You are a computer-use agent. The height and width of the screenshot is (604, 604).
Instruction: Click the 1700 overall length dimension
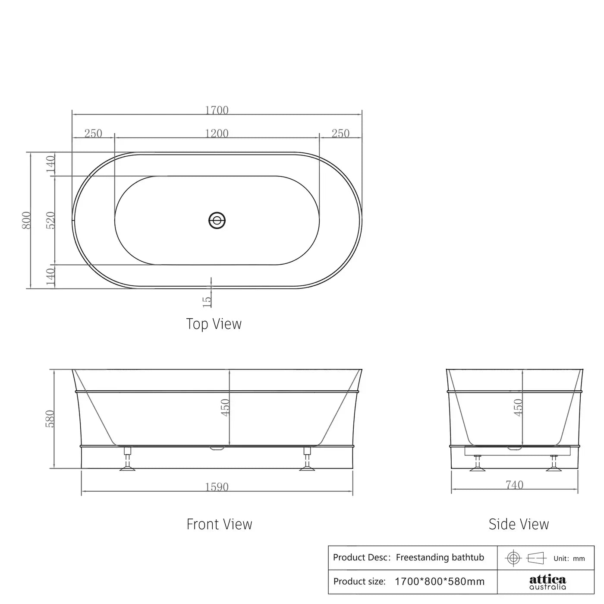pos(217,110)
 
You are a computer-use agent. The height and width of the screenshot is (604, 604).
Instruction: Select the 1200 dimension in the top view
pos(217,133)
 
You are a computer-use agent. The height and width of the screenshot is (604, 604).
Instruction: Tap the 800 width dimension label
pos(27,220)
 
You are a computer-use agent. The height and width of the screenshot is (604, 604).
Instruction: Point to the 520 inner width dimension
pos(50,220)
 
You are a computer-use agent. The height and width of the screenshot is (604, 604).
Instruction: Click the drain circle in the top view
pos(217,220)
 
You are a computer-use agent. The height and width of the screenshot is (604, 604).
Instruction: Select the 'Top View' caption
pos(214,324)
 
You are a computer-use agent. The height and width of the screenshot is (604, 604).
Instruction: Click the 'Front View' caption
pos(219,524)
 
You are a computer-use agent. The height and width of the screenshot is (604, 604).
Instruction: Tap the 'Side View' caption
pos(519,524)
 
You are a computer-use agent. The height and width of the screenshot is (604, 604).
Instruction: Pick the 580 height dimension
pos(50,419)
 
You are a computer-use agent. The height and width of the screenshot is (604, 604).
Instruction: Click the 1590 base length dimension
pos(217,487)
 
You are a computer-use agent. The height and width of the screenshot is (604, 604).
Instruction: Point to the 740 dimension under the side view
pos(514,485)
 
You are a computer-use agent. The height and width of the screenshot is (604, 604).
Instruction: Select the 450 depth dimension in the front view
pos(225,408)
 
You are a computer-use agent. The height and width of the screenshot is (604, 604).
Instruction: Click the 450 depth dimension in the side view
pos(518,408)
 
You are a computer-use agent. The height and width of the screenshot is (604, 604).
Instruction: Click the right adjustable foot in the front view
pos(307,459)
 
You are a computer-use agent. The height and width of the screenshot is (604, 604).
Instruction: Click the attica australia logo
pos(547,582)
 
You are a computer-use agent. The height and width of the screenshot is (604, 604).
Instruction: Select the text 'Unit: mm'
pos(569,559)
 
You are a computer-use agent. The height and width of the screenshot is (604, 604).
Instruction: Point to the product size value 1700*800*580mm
pos(440,582)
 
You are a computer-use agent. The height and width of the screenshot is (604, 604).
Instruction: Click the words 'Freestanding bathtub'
pos(440,557)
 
